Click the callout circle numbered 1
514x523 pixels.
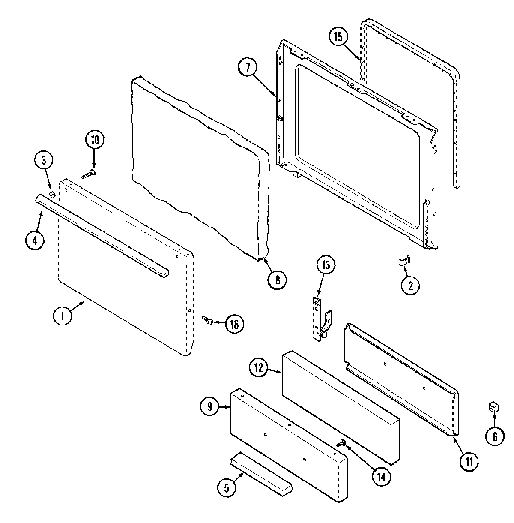pyautogui.click(x=63, y=316)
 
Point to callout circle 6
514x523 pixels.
pyautogui.click(x=495, y=436)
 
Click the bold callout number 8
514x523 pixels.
pyautogui.click(x=277, y=279)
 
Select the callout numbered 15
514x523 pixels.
pyautogui.click(x=338, y=37)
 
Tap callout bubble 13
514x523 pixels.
pyautogui.click(x=325, y=266)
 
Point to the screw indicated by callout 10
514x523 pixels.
pyautogui.click(x=89, y=174)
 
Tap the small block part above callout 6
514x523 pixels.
pyautogui.click(x=493, y=406)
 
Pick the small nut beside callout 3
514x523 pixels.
pyautogui.click(x=52, y=195)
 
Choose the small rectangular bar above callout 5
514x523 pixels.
pyautogui.click(x=261, y=471)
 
